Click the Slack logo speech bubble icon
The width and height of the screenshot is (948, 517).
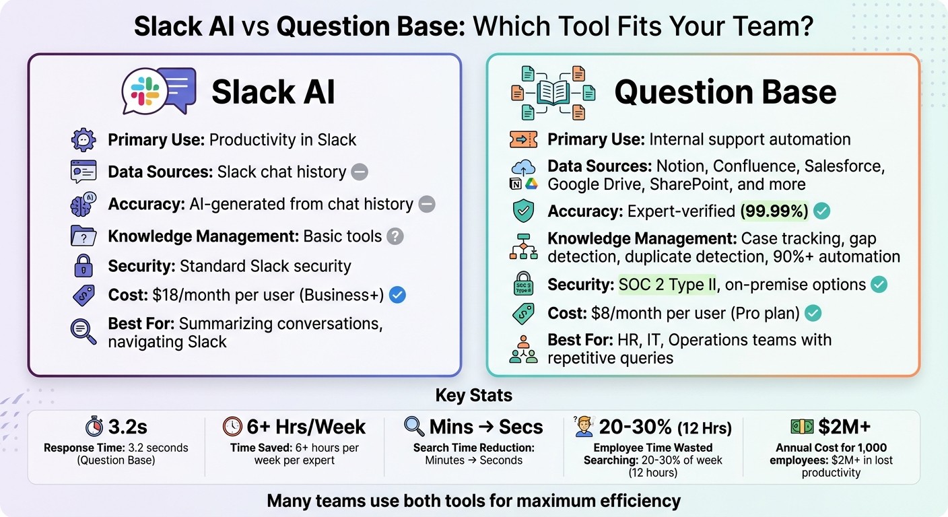(x=145, y=92)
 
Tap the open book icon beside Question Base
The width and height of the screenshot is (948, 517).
(x=553, y=92)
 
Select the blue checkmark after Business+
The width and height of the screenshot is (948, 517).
(x=398, y=294)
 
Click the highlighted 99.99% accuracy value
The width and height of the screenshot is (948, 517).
(x=774, y=211)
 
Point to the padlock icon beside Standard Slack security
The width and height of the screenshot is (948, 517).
(x=83, y=266)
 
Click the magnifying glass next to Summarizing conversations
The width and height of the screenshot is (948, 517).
(x=83, y=331)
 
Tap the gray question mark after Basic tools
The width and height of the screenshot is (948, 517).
(x=395, y=236)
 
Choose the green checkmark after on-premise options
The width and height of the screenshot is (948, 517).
(x=879, y=284)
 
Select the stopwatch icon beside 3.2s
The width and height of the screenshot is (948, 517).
(x=94, y=427)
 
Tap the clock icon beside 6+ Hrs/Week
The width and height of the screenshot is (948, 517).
(x=232, y=427)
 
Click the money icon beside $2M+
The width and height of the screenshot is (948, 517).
(x=801, y=427)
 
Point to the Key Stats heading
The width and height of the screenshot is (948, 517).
(x=474, y=394)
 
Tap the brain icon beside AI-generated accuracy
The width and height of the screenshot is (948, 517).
(x=83, y=205)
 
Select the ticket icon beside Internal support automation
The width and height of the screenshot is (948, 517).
(x=523, y=139)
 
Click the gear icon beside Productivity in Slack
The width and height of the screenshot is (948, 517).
(x=83, y=140)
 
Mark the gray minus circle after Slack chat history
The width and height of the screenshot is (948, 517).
(x=360, y=172)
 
